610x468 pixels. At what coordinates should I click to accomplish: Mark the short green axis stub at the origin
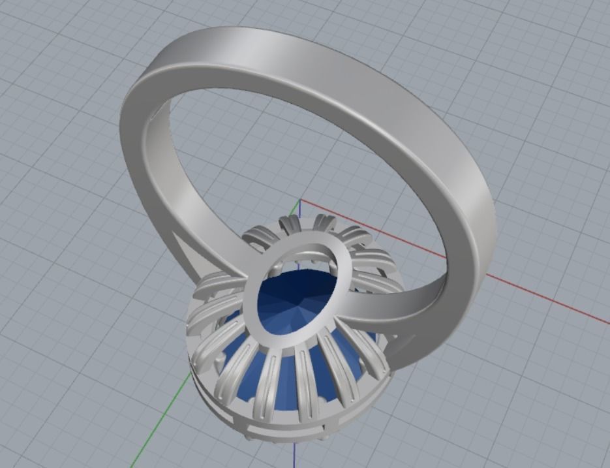click(294, 210)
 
